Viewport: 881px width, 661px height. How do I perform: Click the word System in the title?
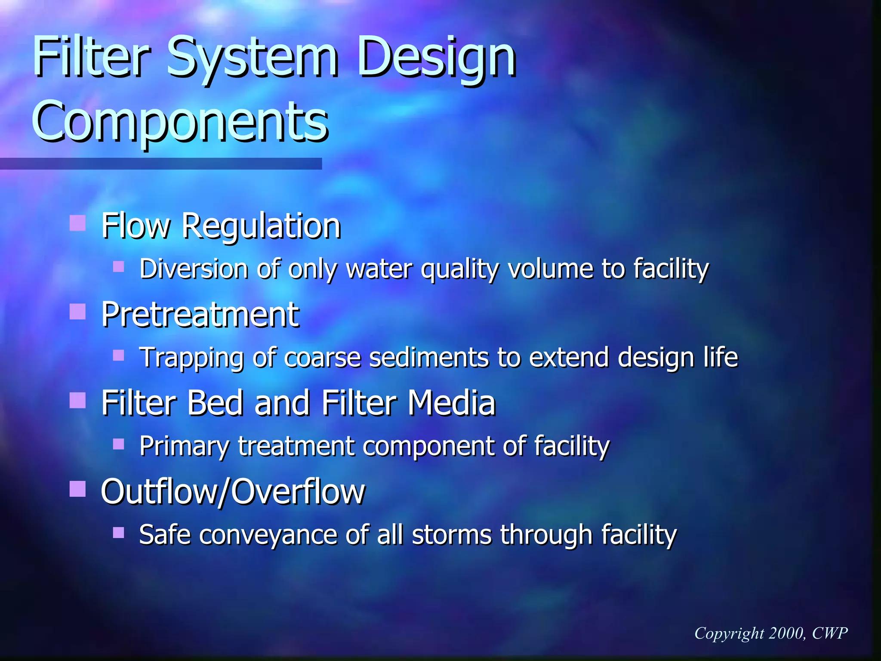(252, 58)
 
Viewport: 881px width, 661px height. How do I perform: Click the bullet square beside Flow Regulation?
(77, 223)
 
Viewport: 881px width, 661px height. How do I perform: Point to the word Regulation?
(261, 226)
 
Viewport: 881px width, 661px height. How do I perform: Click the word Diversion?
(194, 269)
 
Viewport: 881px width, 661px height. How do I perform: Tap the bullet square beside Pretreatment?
(77, 311)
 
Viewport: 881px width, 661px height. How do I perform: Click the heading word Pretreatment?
(200, 315)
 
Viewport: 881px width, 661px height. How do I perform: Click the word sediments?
(428, 358)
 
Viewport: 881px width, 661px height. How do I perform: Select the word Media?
(451, 403)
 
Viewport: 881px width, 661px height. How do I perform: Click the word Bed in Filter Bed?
(215, 403)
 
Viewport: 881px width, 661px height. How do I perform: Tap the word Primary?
(185, 447)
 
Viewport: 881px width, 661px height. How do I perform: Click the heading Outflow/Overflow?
(233, 492)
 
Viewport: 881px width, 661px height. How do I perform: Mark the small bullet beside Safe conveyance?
(118, 533)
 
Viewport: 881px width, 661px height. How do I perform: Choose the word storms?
(451, 535)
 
